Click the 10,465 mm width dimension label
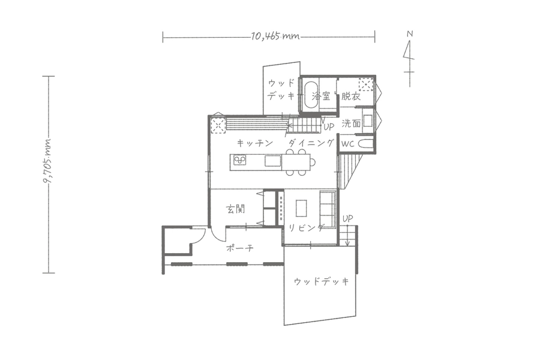tap(275, 36)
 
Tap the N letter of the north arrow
tap(410, 34)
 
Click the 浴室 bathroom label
tap(320, 96)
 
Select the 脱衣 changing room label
tap(350, 96)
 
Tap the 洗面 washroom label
tap(351, 124)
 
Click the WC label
tap(347, 145)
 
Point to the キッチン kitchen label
tap(255, 143)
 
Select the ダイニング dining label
tap(311, 143)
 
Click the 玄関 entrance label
tap(236, 209)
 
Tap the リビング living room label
tap(306, 228)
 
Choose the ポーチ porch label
tap(241, 248)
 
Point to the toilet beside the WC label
tap(365, 145)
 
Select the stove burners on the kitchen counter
tap(241, 160)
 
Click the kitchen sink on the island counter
tap(273, 161)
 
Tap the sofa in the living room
tap(328, 209)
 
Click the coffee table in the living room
tap(301, 208)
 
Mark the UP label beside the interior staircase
tap(329, 127)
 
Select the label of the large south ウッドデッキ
tap(322, 282)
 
